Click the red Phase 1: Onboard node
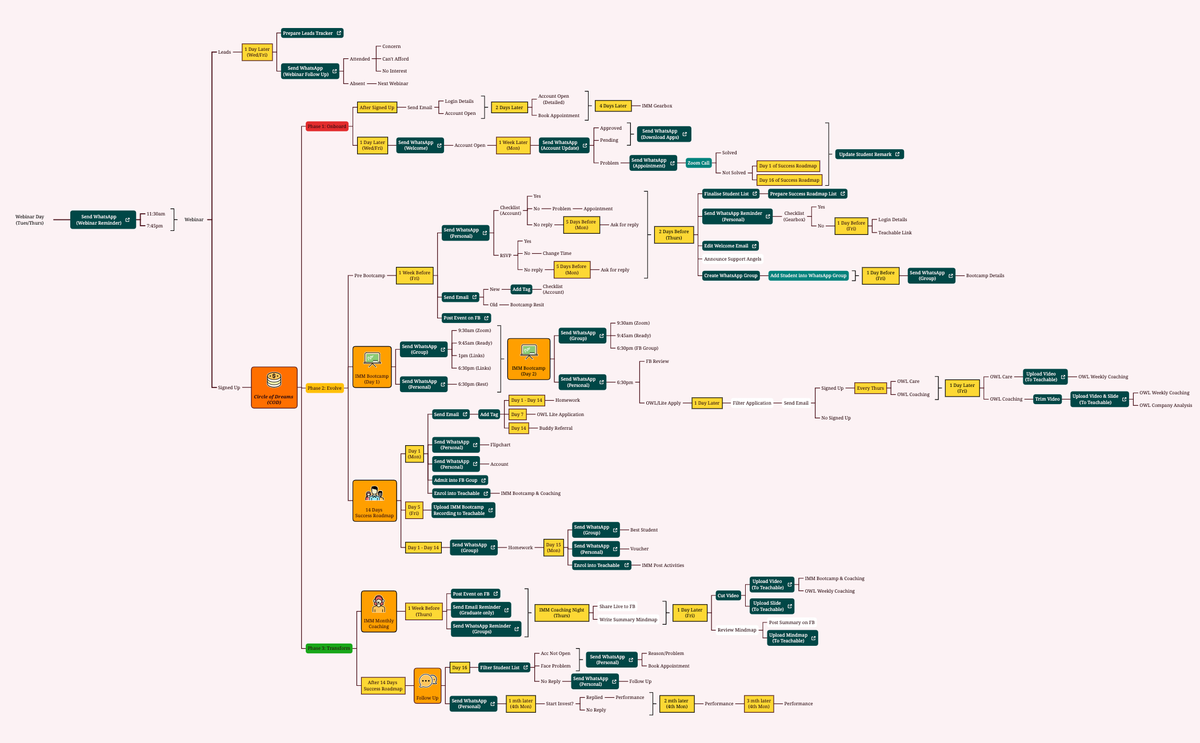pyautogui.click(x=327, y=126)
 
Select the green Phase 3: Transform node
pyautogui.click(x=329, y=648)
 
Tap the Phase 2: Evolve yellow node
pyautogui.click(x=325, y=388)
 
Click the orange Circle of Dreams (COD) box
pyautogui.click(x=274, y=388)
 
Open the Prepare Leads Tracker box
pyautogui.click(x=312, y=33)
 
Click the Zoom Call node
pyautogui.click(x=698, y=163)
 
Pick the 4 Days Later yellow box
pyautogui.click(x=613, y=106)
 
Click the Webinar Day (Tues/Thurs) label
pyautogui.click(x=30, y=219)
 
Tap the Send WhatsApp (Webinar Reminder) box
pyautogui.click(x=103, y=219)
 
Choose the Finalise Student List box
pyautogui.click(x=730, y=194)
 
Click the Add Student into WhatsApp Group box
pyautogui.click(x=808, y=275)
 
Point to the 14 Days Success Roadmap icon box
pyautogui.click(x=374, y=501)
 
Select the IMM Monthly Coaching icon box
pyautogui.click(x=379, y=612)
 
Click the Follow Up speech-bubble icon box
pyautogui.click(x=427, y=686)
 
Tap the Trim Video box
pyautogui.click(x=1047, y=399)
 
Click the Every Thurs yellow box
pyautogui.click(x=870, y=388)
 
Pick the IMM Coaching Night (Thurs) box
pyautogui.click(x=562, y=613)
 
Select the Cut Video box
pyautogui.click(x=728, y=596)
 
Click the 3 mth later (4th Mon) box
pyautogui.click(x=759, y=704)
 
